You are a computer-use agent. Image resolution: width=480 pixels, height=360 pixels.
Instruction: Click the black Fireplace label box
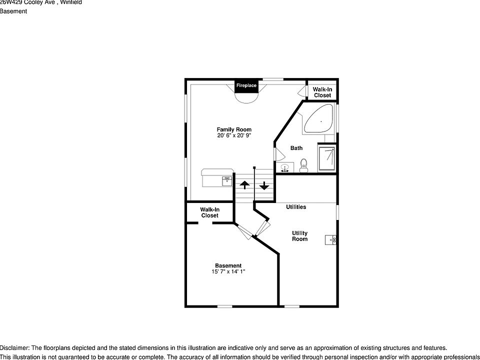pyautogui.click(x=246, y=85)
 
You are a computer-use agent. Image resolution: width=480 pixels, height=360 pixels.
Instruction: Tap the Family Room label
pyautogui.click(x=234, y=129)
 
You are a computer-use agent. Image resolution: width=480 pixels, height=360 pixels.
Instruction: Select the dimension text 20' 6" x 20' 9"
pyautogui.click(x=234, y=135)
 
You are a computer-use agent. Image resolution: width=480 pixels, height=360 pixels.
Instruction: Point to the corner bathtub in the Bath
pyautogui.click(x=318, y=119)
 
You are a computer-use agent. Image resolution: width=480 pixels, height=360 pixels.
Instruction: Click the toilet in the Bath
pyautogui.click(x=303, y=165)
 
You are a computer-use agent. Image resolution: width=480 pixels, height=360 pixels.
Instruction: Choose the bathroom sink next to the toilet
pyautogui.click(x=285, y=168)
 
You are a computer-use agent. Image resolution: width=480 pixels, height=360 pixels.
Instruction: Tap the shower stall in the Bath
pyautogui.click(x=327, y=157)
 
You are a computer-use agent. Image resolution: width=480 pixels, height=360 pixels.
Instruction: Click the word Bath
pyautogui.click(x=296, y=148)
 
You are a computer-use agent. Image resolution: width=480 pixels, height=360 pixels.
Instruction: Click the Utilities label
pyautogui.click(x=296, y=207)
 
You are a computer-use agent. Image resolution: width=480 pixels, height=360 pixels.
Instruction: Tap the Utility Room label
pyautogui.click(x=300, y=236)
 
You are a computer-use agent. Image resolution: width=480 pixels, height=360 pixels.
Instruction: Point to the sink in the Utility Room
pyautogui.click(x=331, y=240)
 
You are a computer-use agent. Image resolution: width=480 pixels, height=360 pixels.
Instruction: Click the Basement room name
pyautogui.click(x=228, y=265)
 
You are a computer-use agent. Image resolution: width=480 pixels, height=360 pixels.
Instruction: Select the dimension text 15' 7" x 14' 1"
pyautogui.click(x=228, y=272)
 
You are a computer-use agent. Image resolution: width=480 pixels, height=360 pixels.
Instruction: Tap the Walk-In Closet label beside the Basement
pyautogui.click(x=210, y=212)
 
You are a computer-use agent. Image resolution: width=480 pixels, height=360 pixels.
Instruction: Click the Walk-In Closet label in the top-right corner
pyautogui.click(x=322, y=92)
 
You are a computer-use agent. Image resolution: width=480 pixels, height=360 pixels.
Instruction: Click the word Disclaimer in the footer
pyautogui.click(x=15, y=348)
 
